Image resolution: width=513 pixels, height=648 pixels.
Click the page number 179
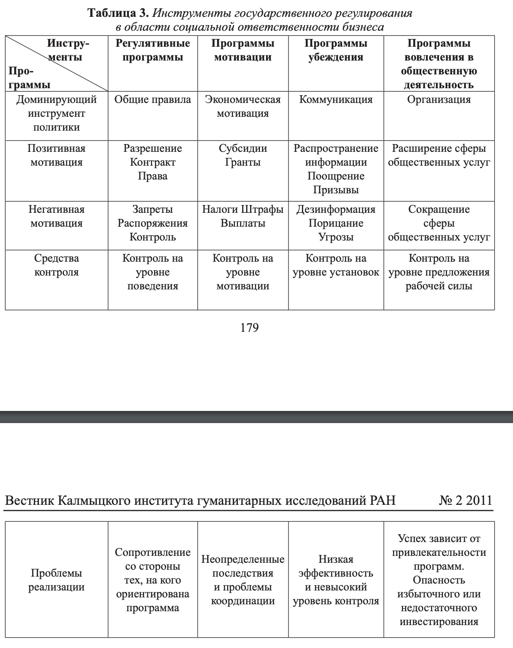250,328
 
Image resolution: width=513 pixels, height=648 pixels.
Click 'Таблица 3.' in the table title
118,13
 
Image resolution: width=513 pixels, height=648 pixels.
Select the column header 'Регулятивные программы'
153,50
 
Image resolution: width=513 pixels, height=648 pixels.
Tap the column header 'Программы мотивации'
243,50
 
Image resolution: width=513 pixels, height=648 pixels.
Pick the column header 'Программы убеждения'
336,50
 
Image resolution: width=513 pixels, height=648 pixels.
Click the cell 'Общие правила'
153,99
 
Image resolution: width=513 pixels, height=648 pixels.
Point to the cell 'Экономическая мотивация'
243,106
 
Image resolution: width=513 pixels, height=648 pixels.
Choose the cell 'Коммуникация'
336,99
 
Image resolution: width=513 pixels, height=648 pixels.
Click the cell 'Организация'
439,99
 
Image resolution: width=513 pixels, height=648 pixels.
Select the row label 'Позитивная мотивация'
56,155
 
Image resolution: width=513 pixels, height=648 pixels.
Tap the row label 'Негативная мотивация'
56,216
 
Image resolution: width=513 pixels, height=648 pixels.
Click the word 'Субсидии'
243,148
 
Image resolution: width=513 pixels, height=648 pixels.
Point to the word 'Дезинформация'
336,209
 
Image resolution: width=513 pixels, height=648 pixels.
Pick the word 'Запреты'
153,209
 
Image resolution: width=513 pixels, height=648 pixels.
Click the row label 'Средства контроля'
56,265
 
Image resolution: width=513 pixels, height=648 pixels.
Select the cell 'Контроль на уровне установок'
336,265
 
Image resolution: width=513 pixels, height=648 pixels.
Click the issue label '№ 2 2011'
465,500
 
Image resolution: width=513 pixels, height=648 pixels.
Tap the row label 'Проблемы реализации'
56,580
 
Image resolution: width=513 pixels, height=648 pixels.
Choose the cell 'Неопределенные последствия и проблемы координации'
243,580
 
